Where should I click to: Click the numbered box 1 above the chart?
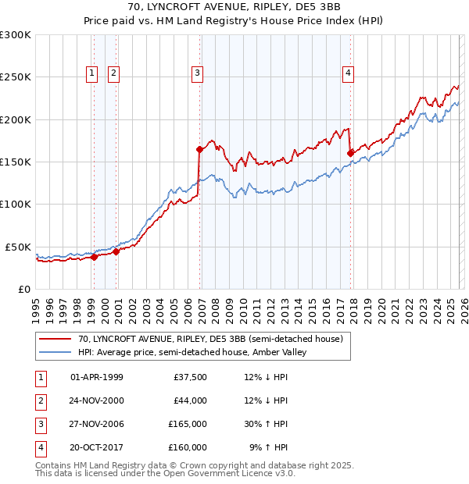tap(91, 73)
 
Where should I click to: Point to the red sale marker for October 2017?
tap(350, 153)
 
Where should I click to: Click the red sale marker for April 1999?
tap(94, 257)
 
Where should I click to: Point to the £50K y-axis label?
tap(19, 247)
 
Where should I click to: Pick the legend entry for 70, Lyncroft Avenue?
tap(209, 340)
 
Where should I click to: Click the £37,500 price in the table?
tap(190, 377)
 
